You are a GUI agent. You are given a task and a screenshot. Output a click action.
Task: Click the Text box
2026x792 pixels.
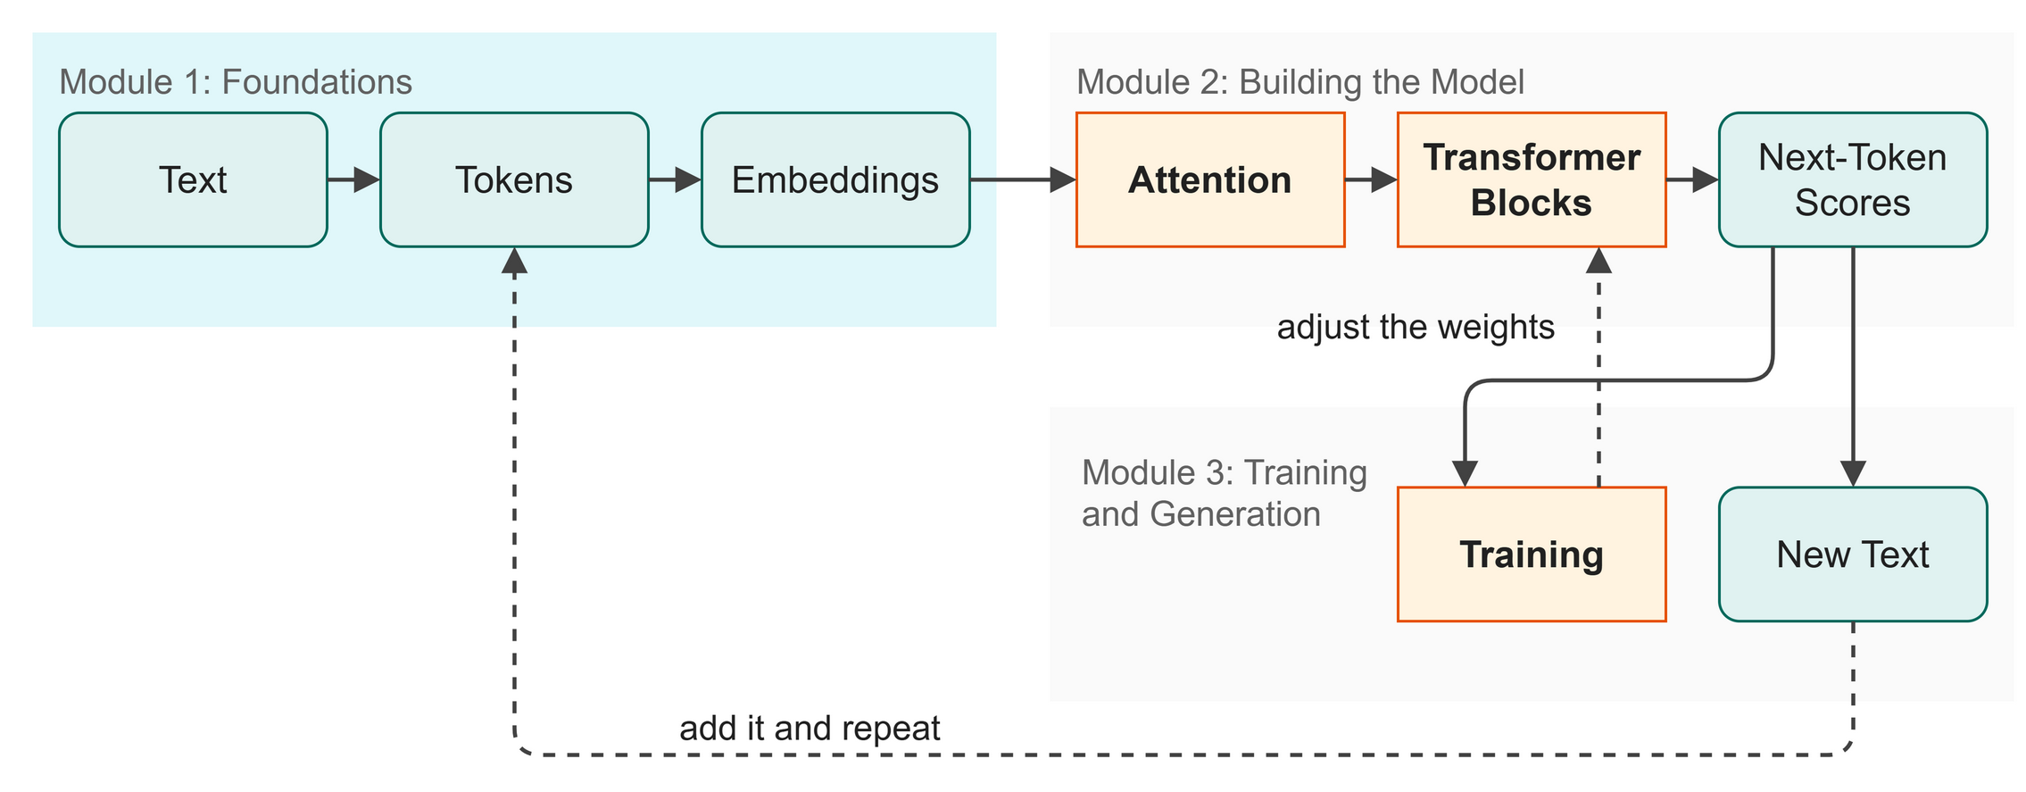coord(193,179)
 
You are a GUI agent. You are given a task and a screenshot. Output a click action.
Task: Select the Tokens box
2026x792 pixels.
coord(514,179)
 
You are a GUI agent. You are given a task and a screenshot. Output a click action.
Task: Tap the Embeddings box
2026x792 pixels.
coord(835,179)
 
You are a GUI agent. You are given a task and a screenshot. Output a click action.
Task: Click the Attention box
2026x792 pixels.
coord(1210,179)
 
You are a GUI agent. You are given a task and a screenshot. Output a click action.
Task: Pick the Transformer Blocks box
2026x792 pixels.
coord(1532,179)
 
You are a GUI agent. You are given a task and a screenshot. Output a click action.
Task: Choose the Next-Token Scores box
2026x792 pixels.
coord(1853,179)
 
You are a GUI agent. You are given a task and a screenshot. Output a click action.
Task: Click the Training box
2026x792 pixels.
coord(1532,554)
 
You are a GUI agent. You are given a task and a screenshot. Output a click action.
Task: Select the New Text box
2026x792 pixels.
coord(1853,554)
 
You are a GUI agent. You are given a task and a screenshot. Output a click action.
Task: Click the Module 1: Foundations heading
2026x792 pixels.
coord(236,82)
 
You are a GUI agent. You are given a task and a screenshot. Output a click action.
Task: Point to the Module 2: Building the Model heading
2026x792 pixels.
coord(1300,82)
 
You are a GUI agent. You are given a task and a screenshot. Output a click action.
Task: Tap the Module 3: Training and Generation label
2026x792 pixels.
coord(1224,494)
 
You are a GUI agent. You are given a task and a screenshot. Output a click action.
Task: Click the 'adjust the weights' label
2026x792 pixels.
coord(1416,328)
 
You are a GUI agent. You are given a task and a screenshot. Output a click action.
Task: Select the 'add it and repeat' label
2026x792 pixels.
coord(810,729)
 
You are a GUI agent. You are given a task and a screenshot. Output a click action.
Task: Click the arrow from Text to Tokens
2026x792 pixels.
coord(354,179)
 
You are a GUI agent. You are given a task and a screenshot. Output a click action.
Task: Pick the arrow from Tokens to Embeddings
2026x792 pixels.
coord(676,179)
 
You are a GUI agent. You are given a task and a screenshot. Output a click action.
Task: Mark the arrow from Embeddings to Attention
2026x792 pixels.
coord(1023,179)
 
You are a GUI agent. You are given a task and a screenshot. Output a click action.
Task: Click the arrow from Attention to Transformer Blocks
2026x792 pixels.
coord(1371,179)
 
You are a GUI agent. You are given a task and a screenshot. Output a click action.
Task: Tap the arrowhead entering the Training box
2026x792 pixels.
coord(1465,474)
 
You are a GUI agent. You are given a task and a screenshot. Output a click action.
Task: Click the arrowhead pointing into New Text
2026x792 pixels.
coord(1853,474)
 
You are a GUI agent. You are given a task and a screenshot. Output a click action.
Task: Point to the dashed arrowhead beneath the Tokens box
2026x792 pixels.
coord(514,260)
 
